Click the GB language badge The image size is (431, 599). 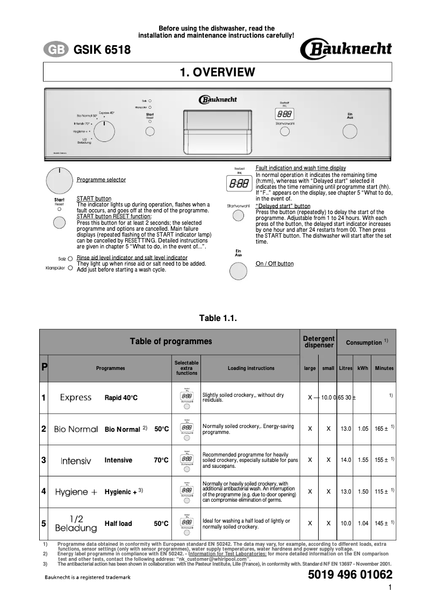pos(55,50)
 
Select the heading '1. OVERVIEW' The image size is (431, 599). pos(217,72)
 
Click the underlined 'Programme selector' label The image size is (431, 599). pos(102,180)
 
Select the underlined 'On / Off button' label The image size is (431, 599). pos(275,264)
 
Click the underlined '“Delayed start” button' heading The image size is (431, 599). pos(283,206)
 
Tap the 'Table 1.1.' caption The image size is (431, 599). pos(218,318)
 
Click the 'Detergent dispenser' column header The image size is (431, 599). pos(319,342)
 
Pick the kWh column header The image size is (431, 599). pos(363,368)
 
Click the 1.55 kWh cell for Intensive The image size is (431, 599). pos(363,460)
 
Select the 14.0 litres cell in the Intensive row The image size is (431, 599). pos(346,460)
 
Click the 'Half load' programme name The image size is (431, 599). pos(118,523)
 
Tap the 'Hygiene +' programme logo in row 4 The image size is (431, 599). pos(76,491)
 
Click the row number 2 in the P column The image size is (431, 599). pos(44,429)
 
